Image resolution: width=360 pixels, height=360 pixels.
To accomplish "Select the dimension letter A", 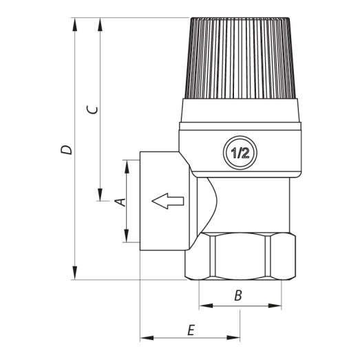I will [118, 202].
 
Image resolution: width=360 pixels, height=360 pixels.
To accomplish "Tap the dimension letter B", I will [238, 296].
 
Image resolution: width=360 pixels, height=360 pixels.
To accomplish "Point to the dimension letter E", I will [191, 330].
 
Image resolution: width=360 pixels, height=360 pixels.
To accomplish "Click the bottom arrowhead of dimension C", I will [100, 195].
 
